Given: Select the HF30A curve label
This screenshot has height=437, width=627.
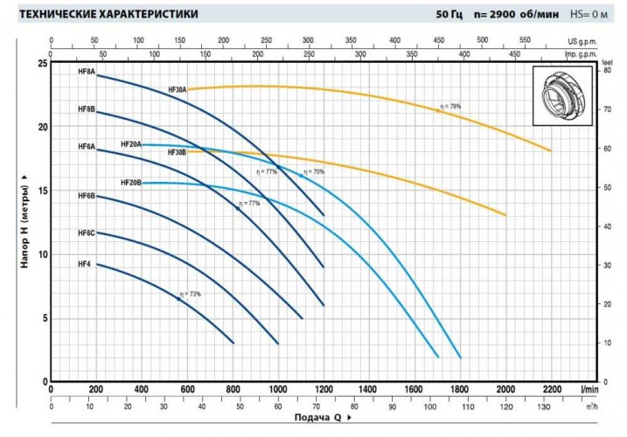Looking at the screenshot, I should (x=178, y=90).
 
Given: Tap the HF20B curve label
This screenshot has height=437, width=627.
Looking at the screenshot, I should (x=130, y=183).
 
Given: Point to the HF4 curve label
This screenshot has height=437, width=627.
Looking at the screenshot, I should (x=84, y=264).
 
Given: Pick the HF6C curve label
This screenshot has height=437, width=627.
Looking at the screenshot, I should (x=86, y=233).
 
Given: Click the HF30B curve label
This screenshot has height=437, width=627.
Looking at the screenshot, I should (x=177, y=152).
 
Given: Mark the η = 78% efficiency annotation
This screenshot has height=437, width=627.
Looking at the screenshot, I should (x=450, y=107).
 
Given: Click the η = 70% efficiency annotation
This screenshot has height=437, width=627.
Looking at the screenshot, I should (x=314, y=172).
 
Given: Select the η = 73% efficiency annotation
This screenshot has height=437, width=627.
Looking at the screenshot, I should (x=191, y=295).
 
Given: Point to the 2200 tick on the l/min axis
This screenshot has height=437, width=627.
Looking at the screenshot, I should (x=552, y=390).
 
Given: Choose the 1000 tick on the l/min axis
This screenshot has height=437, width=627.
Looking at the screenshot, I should (x=278, y=390).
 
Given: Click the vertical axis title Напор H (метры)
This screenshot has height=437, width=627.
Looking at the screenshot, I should (x=25, y=223).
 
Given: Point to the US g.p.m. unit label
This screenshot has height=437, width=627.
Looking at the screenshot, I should (x=584, y=40).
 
